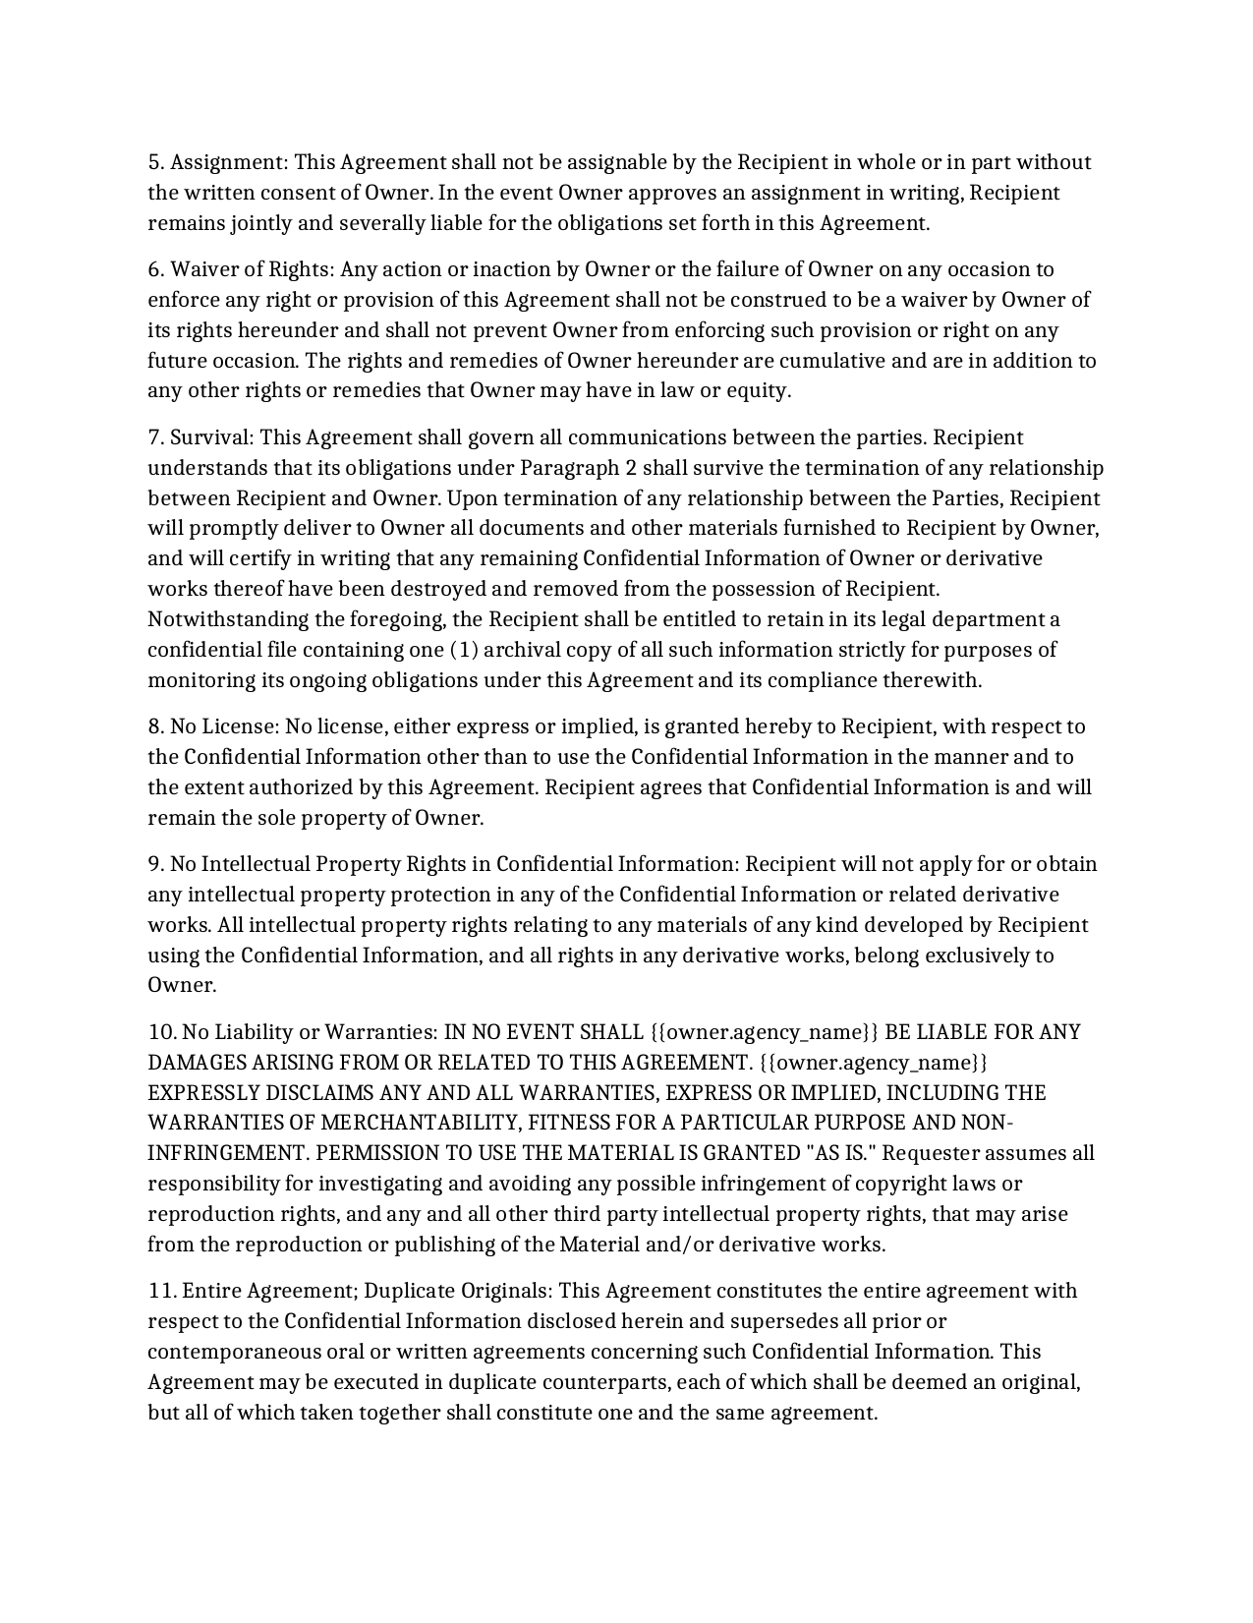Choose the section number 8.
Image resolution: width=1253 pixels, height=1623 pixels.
tap(156, 727)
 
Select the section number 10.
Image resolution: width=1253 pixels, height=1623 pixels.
tap(161, 1033)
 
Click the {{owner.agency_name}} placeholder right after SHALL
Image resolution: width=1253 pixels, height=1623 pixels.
tap(765, 1033)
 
